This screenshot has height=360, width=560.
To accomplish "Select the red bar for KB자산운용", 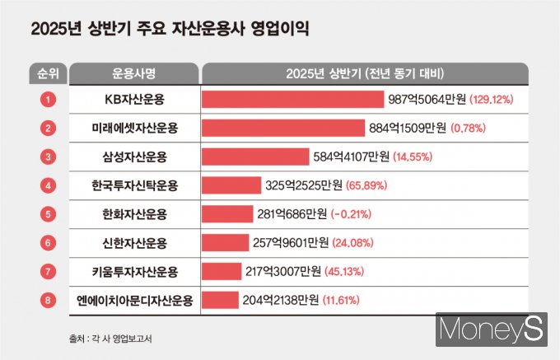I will (292, 100).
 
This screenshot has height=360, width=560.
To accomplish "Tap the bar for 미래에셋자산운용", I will (282, 128).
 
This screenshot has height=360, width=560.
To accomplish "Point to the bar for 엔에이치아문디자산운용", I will (219, 301).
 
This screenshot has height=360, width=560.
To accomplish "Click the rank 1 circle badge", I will (49, 100).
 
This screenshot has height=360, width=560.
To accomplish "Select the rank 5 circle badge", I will (49, 214).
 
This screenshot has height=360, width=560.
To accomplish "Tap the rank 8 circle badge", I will (49, 301).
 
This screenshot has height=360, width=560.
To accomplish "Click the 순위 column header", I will (49, 72).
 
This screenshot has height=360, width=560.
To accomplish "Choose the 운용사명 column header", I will (135, 72).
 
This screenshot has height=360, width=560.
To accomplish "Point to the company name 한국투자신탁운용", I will (135, 185).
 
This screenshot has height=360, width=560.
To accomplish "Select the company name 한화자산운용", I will (135, 214).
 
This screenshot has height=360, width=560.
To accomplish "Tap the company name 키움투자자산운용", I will (135, 272).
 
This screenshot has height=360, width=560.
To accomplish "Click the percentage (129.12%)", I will (492, 100).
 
